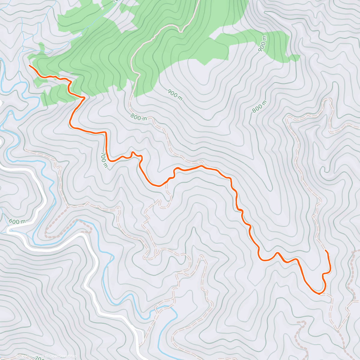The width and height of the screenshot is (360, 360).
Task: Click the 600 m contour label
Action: click(x=17, y=222)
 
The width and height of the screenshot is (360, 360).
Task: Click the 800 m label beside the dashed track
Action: click(x=139, y=117)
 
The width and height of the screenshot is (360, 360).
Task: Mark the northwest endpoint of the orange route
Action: click(x=29, y=65)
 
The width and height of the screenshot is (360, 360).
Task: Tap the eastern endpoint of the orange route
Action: click(x=326, y=250)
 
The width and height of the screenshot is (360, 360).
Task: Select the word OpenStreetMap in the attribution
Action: click(x=63, y=356)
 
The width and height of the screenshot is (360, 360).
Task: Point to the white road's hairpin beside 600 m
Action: click(x=8, y=230)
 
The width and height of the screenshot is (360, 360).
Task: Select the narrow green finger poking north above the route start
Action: click(x=41, y=47)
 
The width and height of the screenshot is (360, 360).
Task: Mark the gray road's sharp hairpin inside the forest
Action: click(x=181, y=31)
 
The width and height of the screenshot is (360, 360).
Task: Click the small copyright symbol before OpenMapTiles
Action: click(x=17, y=356)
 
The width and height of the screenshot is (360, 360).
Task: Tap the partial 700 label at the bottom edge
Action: click(x=39, y=358)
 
